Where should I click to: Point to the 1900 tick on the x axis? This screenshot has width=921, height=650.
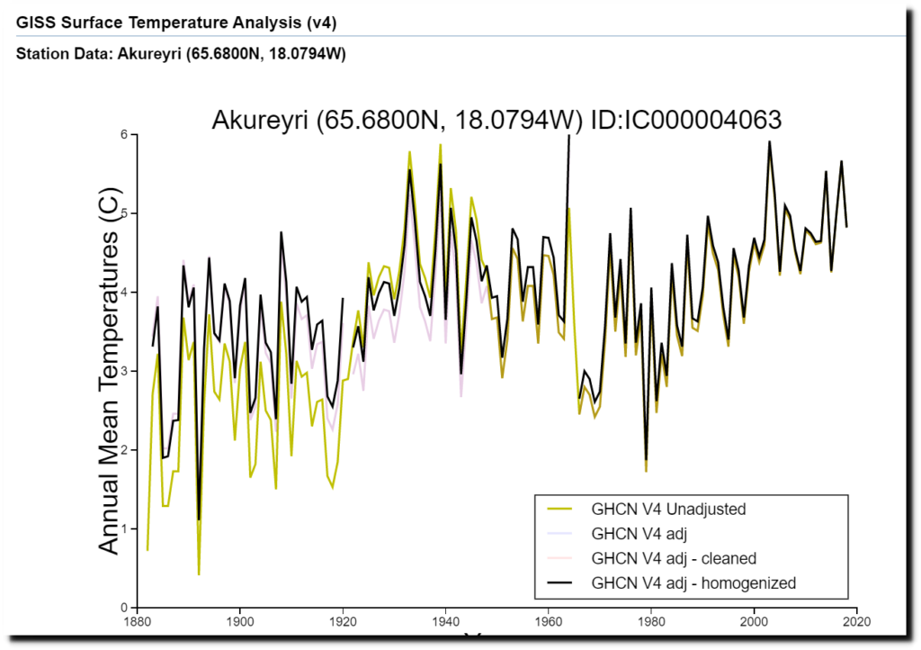[239, 619]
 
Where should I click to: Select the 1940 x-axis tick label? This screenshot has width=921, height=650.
[445, 619]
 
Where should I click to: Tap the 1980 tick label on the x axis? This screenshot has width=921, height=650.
[651, 619]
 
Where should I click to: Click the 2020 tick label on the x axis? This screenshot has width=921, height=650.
[856, 619]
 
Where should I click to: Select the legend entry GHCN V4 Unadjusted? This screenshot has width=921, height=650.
[668, 509]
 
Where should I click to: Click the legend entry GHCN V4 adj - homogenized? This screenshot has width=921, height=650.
[693, 582]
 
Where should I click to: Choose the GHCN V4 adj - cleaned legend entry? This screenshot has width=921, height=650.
[674, 558]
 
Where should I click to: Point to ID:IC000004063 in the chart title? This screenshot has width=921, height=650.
[684, 120]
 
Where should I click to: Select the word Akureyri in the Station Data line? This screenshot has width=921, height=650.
[148, 53]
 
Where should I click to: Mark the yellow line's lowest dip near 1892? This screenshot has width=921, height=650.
[199, 574]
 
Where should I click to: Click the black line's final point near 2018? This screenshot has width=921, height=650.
[846, 226]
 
